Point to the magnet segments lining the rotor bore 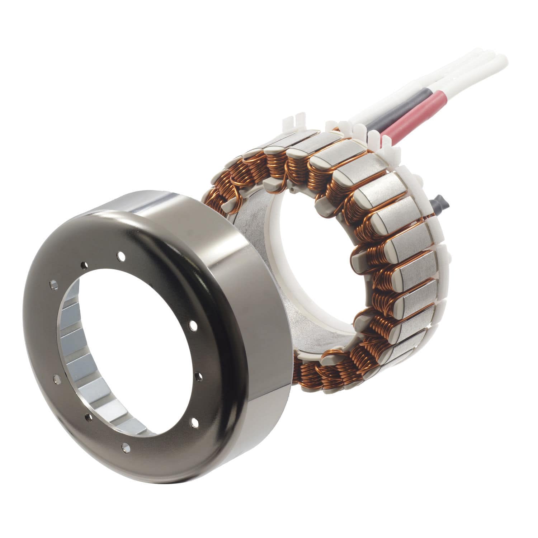point(72,355)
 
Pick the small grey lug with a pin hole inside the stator point(293,189)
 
